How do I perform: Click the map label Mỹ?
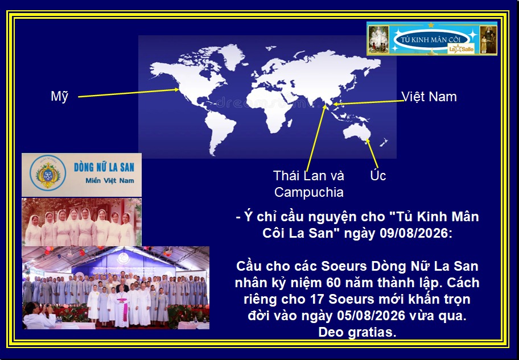[x=60, y=96]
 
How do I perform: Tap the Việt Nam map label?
[x=429, y=97]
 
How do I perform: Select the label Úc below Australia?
[x=378, y=175]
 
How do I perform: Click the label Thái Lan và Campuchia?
[x=309, y=184]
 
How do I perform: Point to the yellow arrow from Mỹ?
[x=129, y=93]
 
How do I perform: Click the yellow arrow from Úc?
[x=372, y=154]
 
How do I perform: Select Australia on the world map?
[x=357, y=132]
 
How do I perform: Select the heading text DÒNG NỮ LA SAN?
[x=104, y=167]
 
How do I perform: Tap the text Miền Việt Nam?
[x=110, y=181]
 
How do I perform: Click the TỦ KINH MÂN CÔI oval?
[x=431, y=40]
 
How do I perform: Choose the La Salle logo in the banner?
[x=461, y=49]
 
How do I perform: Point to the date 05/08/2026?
[x=371, y=316]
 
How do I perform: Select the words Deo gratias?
[x=357, y=332]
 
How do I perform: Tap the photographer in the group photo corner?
[x=38, y=316]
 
